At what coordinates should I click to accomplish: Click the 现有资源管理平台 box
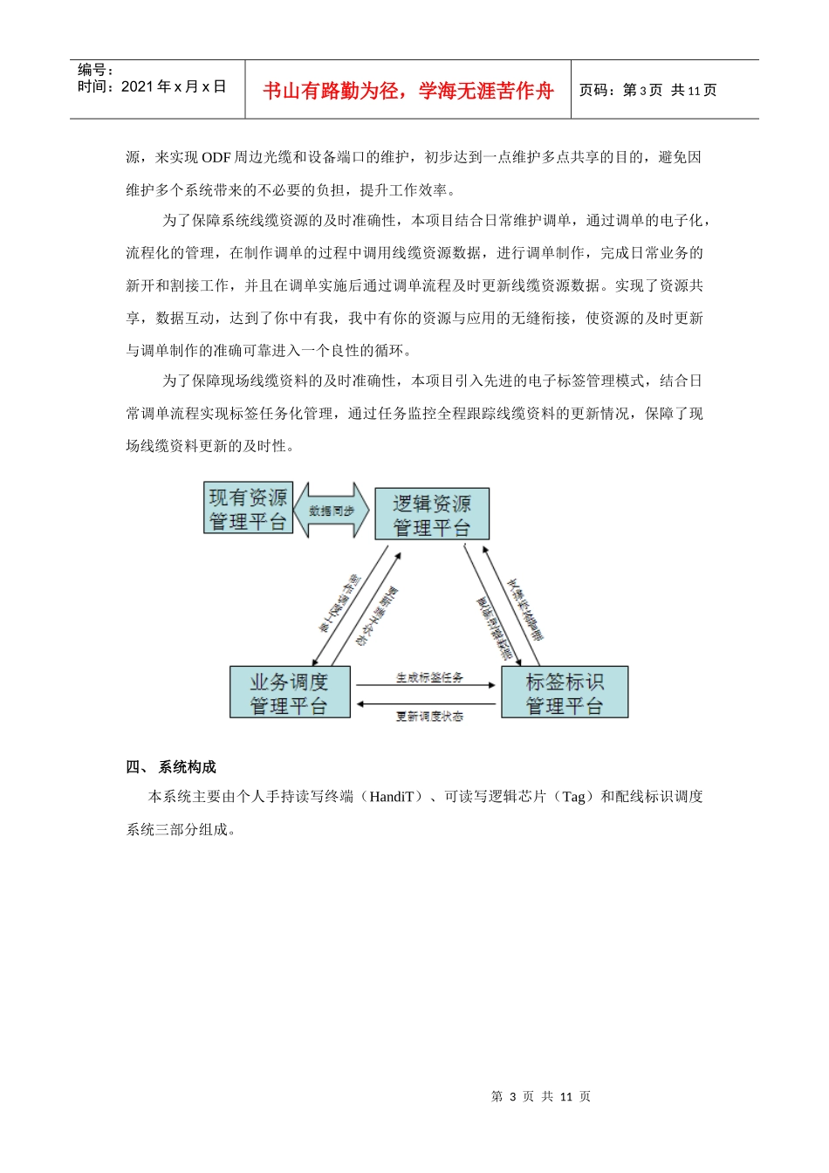pyautogui.click(x=248, y=508)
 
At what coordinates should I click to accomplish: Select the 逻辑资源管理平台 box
pyautogui.click(x=431, y=514)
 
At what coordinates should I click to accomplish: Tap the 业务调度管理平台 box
pyautogui.click(x=290, y=693)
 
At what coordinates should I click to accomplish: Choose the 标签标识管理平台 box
pyautogui.click(x=565, y=693)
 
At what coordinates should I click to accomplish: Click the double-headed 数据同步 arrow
pyautogui.click(x=332, y=511)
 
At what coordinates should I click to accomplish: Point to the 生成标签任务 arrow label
pyautogui.click(x=429, y=677)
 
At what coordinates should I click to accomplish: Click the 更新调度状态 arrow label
pyautogui.click(x=429, y=717)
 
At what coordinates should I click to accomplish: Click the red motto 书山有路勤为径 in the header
pyautogui.click(x=408, y=91)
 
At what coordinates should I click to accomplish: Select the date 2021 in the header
pyautogui.click(x=137, y=86)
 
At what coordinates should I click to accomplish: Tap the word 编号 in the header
pyautogui.click(x=91, y=70)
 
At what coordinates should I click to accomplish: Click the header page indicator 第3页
pyautogui.click(x=642, y=91)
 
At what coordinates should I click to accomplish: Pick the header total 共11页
pyautogui.click(x=694, y=91)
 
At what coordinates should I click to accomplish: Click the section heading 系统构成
pyautogui.click(x=187, y=767)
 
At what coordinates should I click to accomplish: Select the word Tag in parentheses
pyautogui.click(x=573, y=797)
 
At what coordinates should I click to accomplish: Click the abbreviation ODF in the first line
pyautogui.click(x=216, y=158)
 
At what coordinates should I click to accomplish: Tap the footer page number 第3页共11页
pyautogui.click(x=541, y=1097)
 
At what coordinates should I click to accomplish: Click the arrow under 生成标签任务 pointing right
pyautogui.click(x=426, y=686)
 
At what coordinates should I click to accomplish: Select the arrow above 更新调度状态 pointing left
pyautogui.click(x=426, y=704)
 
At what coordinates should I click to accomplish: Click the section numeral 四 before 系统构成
pyautogui.click(x=134, y=767)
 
